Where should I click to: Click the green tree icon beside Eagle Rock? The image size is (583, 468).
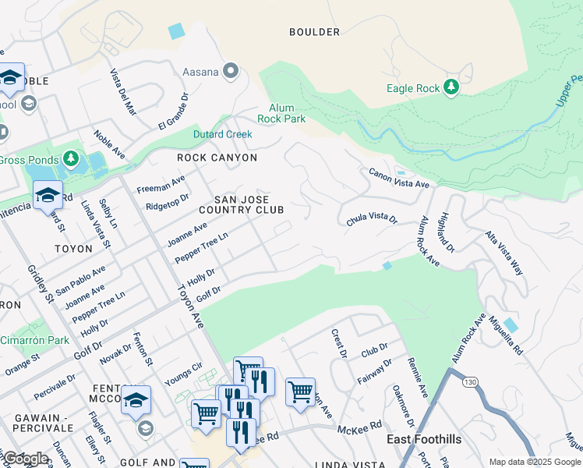click(451, 87)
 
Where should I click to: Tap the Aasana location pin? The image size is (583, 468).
click(230, 73)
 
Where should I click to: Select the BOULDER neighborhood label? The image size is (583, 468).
click(314, 32)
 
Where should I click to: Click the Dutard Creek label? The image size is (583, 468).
click(223, 134)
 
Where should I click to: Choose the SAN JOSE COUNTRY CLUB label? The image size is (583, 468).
click(240, 204)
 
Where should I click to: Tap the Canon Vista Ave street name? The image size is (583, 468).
click(399, 179)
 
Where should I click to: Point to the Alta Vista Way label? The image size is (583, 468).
click(504, 253)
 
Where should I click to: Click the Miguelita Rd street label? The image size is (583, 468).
click(506, 335)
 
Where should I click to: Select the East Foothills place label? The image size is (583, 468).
click(424, 439)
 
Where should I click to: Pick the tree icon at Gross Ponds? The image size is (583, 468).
click(72, 160)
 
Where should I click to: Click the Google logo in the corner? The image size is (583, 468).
click(26, 459)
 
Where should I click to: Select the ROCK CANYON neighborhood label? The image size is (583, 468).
click(217, 158)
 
